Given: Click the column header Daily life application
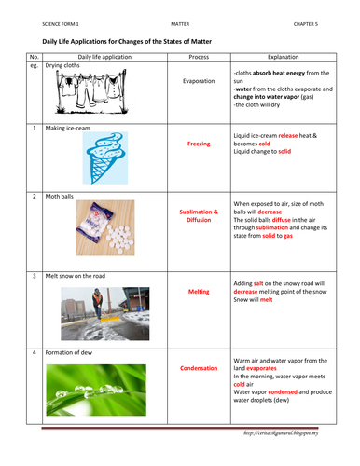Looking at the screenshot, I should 102,56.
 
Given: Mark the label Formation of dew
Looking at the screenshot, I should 75,354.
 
